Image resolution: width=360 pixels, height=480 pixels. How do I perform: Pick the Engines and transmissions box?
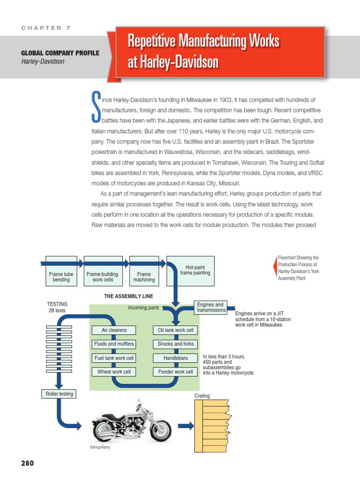pos(210,307)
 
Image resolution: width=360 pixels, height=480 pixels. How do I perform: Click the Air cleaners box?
pos(113,330)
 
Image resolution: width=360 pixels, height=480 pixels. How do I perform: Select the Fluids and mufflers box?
pos(113,344)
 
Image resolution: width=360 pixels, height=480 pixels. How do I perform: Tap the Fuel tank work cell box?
pos(113,358)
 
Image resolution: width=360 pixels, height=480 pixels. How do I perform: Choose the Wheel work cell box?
pos(113,372)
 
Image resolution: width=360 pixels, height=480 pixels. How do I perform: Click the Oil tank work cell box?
pos(175,330)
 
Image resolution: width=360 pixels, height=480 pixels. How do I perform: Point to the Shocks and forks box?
pos(175,344)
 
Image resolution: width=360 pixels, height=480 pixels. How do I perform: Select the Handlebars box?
pos(175,358)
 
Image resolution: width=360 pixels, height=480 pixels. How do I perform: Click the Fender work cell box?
pos(175,372)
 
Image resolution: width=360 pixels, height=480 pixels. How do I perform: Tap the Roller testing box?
pos(59,394)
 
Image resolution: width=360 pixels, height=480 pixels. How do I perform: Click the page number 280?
pos(28,464)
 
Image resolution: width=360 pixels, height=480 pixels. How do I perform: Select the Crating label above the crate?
pos(202,396)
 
